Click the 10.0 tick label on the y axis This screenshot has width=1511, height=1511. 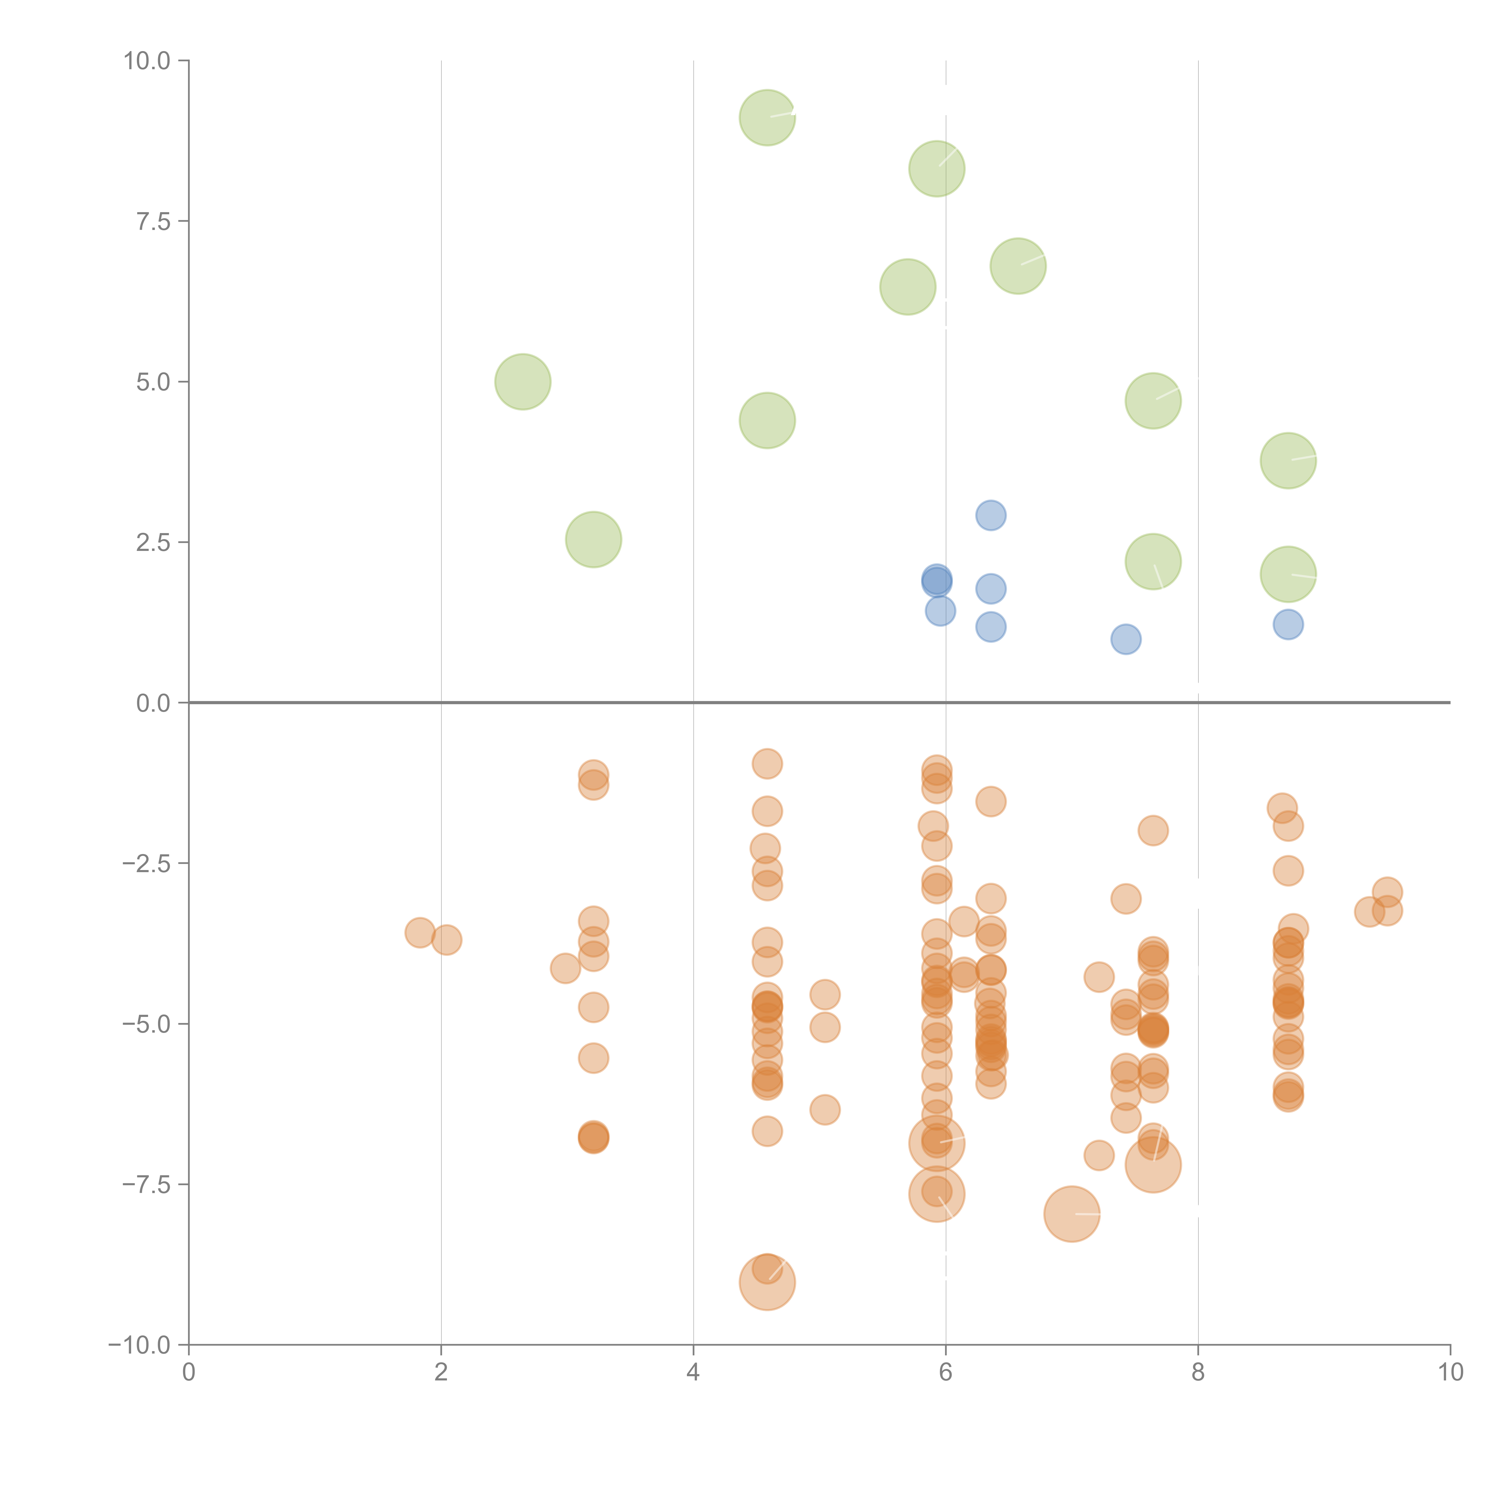147,61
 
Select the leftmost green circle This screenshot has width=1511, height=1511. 523,382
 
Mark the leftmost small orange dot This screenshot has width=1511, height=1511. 420,932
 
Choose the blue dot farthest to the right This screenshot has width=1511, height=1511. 1288,624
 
